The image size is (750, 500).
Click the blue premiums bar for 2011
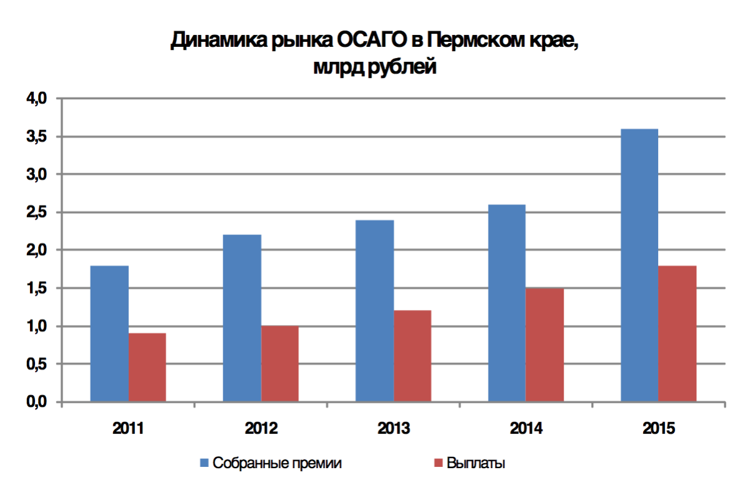tap(109, 334)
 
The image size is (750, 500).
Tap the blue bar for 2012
tap(242, 318)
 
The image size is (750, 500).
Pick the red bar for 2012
tap(280, 364)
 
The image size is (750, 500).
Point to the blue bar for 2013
tap(374, 311)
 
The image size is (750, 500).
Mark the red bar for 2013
tap(412, 356)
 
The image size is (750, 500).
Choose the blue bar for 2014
tap(507, 303)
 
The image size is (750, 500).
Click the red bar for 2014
tap(545, 345)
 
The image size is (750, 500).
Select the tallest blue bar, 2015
tap(639, 265)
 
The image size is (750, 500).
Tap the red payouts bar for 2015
tap(677, 334)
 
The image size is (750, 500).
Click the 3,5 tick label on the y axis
tap(37, 136)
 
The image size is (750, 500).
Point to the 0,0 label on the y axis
tap(37, 402)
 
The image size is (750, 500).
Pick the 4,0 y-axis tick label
tap(37, 98)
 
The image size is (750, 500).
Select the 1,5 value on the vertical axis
tap(37, 288)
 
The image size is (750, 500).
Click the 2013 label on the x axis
tap(394, 429)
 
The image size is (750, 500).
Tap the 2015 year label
tap(659, 429)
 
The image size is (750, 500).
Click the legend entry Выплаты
tap(476, 464)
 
